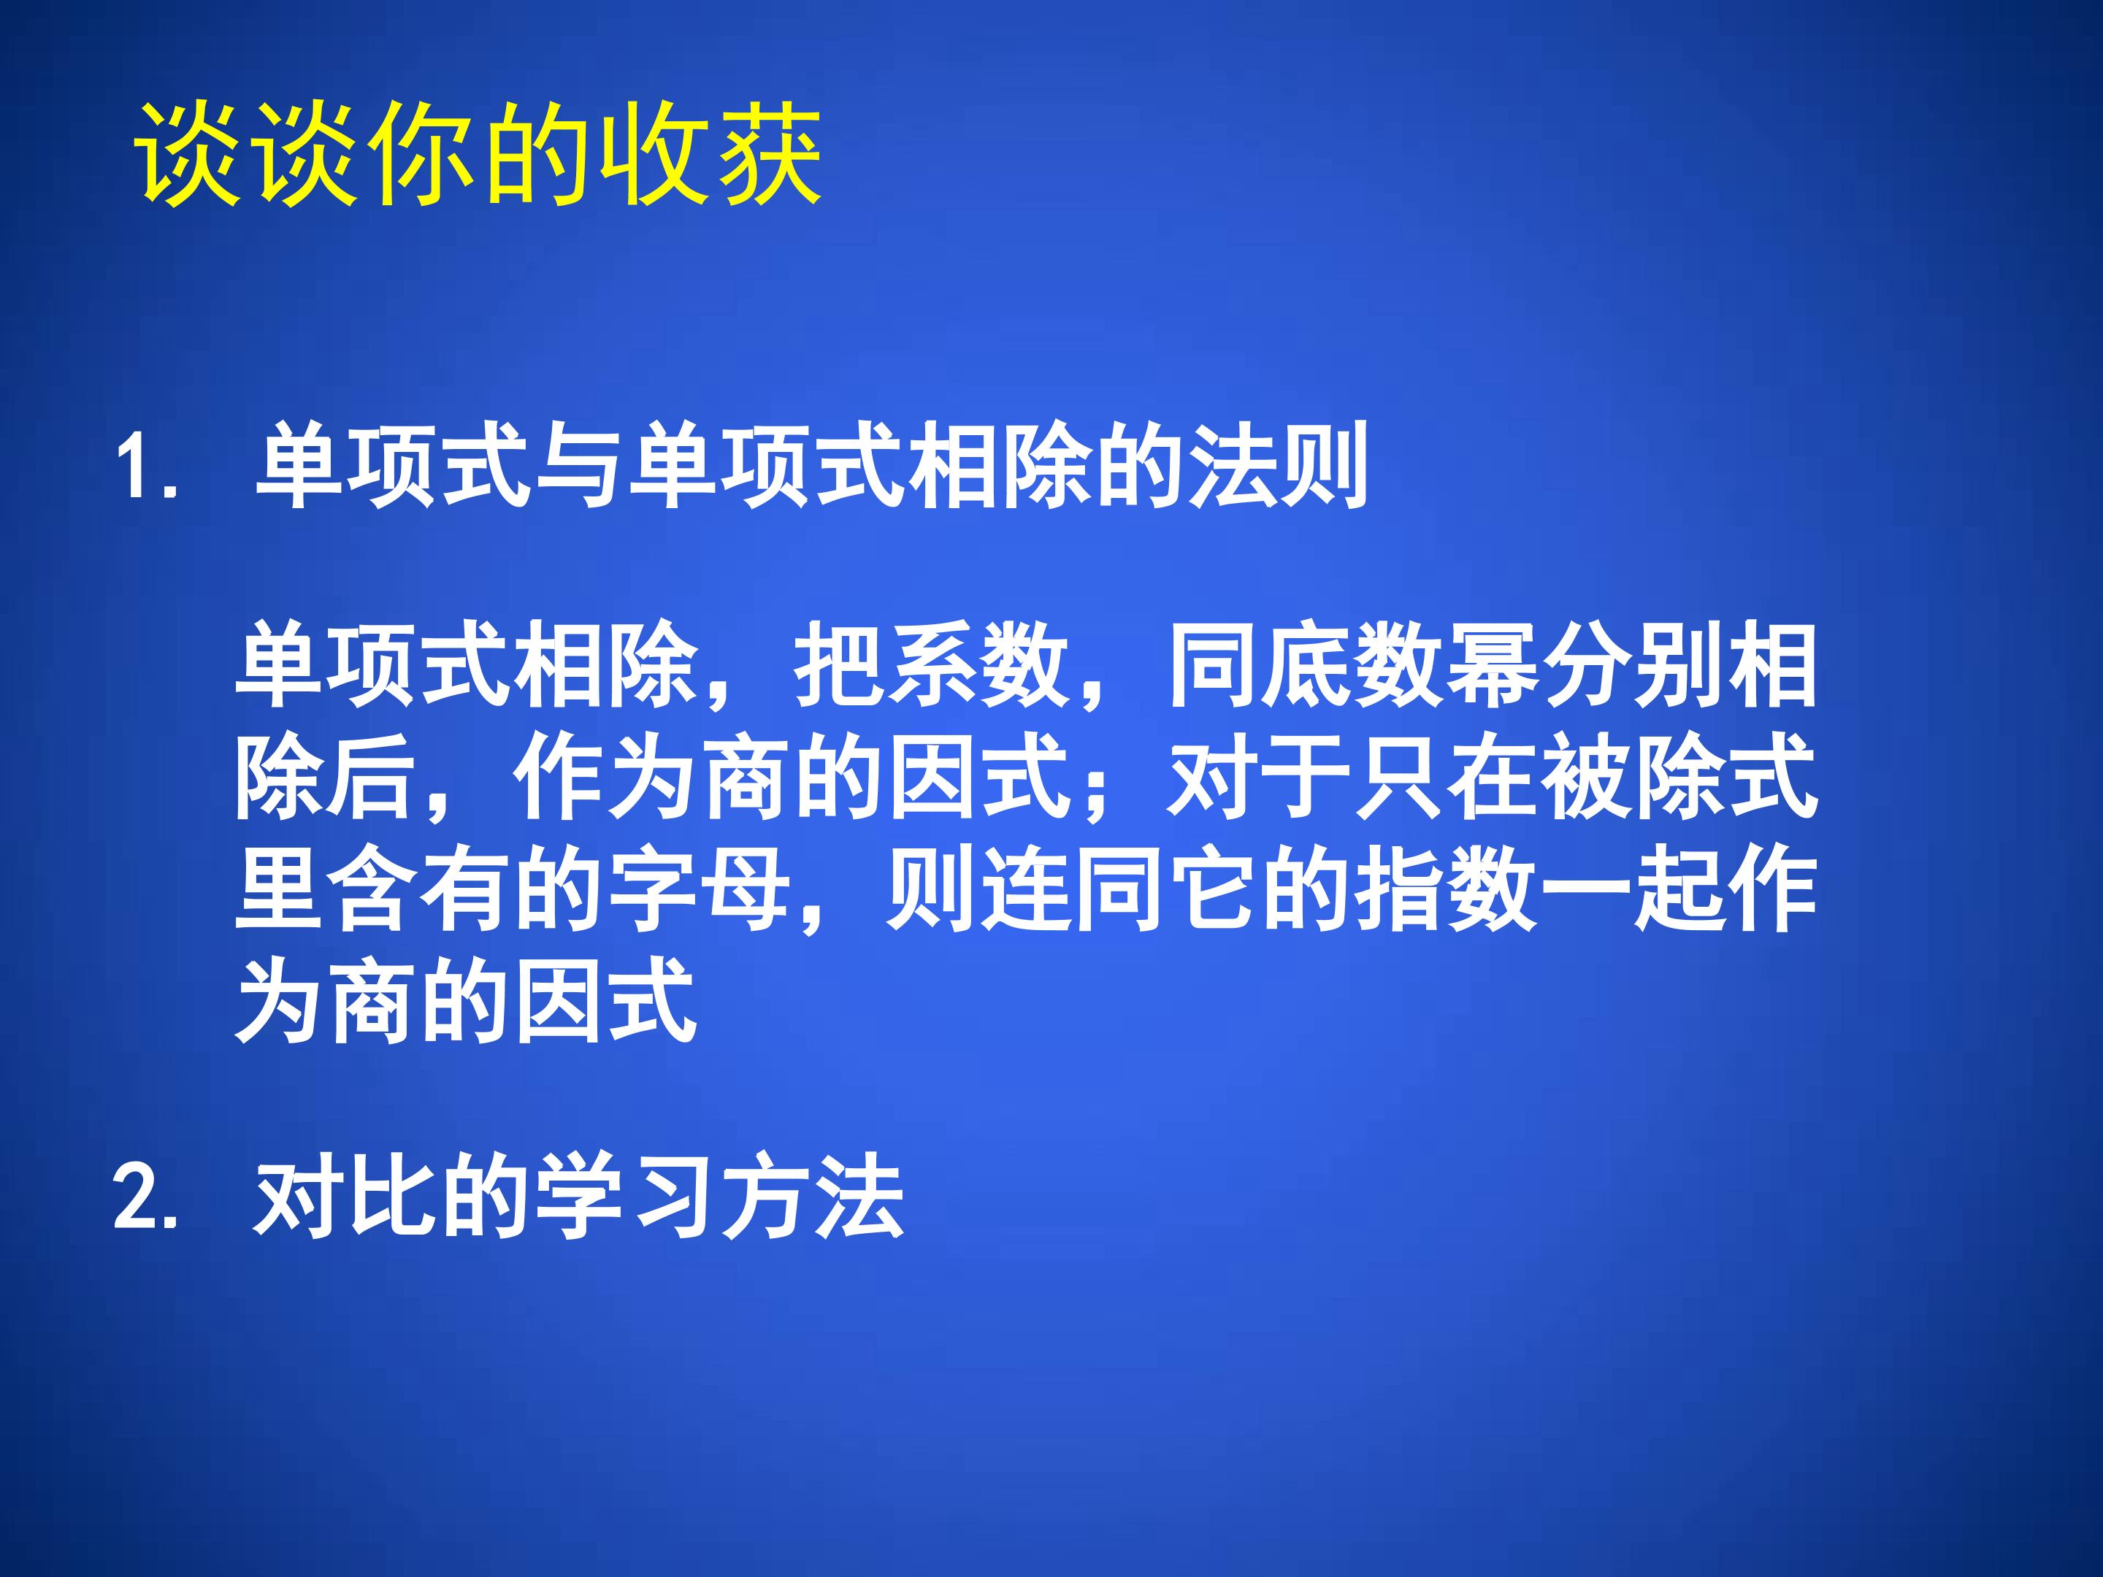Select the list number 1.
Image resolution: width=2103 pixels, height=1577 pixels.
(x=136, y=468)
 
